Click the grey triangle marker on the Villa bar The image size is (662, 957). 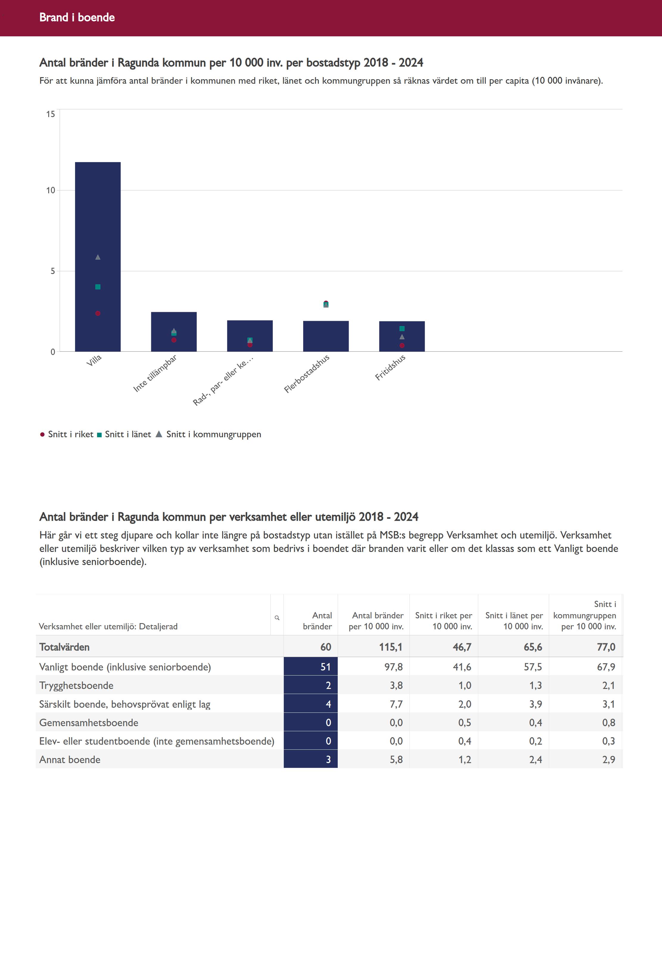(x=98, y=257)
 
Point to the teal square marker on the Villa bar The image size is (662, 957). (x=98, y=287)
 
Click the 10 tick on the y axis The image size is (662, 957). (x=51, y=190)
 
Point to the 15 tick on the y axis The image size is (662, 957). (x=51, y=114)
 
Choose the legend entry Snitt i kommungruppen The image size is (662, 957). (x=209, y=434)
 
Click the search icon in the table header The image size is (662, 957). (x=277, y=618)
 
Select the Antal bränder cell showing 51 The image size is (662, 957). (x=311, y=667)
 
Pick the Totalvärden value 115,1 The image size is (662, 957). (x=390, y=647)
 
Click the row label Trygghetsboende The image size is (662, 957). (x=76, y=685)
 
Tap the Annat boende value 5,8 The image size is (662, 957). (x=396, y=760)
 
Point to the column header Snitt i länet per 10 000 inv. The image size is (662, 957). (x=514, y=621)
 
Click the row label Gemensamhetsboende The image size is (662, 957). (x=89, y=723)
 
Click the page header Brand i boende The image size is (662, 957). (x=77, y=17)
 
